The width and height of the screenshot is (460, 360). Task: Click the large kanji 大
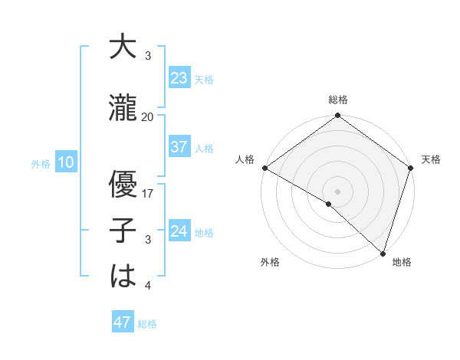(123, 47)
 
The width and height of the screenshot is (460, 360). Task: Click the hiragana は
(123, 277)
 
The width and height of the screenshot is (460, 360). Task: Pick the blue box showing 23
(179, 78)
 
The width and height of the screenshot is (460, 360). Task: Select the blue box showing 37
(179, 147)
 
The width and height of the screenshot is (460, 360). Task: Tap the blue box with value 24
(179, 231)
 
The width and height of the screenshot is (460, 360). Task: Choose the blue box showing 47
(123, 322)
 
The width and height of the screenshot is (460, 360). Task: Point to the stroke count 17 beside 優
(148, 194)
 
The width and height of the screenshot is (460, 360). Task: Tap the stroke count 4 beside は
(147, 286)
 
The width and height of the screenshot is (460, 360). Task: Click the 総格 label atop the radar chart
(337, 100)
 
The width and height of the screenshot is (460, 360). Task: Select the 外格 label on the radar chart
(270, 262)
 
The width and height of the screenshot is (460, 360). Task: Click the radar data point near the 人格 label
(264, 168)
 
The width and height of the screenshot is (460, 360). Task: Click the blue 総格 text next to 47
(147, 324)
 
